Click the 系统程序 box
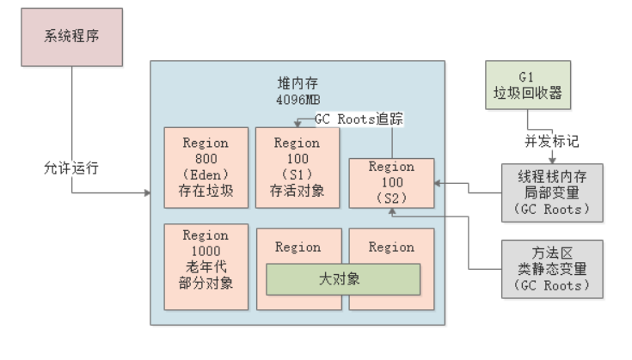point(72,37)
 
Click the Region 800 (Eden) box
point(206,168)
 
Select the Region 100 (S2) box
point(391,183)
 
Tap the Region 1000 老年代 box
point(206,265)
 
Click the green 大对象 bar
point(342,278)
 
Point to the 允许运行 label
point(73,168)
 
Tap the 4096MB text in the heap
point(297,100)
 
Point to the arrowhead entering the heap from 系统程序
point(146,193)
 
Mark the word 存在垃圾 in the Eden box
point(206,191)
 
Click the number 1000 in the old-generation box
point(206,251)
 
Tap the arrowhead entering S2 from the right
point(439,183)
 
